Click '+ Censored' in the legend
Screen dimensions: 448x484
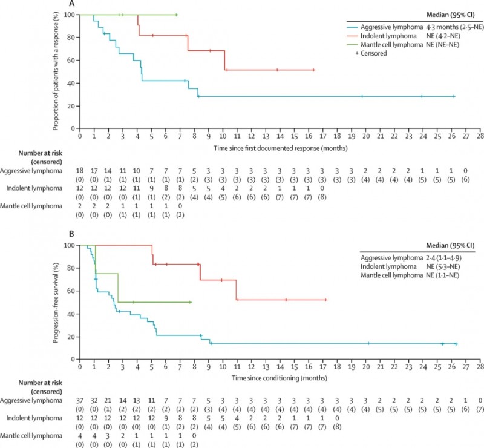pos(373,53)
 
